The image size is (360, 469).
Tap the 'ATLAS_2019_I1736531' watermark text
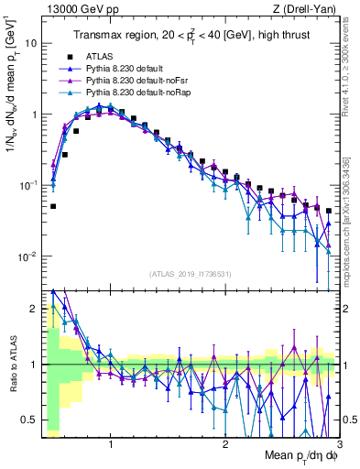[x=191, y=273]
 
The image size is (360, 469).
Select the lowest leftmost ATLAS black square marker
[x=53, y=206]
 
